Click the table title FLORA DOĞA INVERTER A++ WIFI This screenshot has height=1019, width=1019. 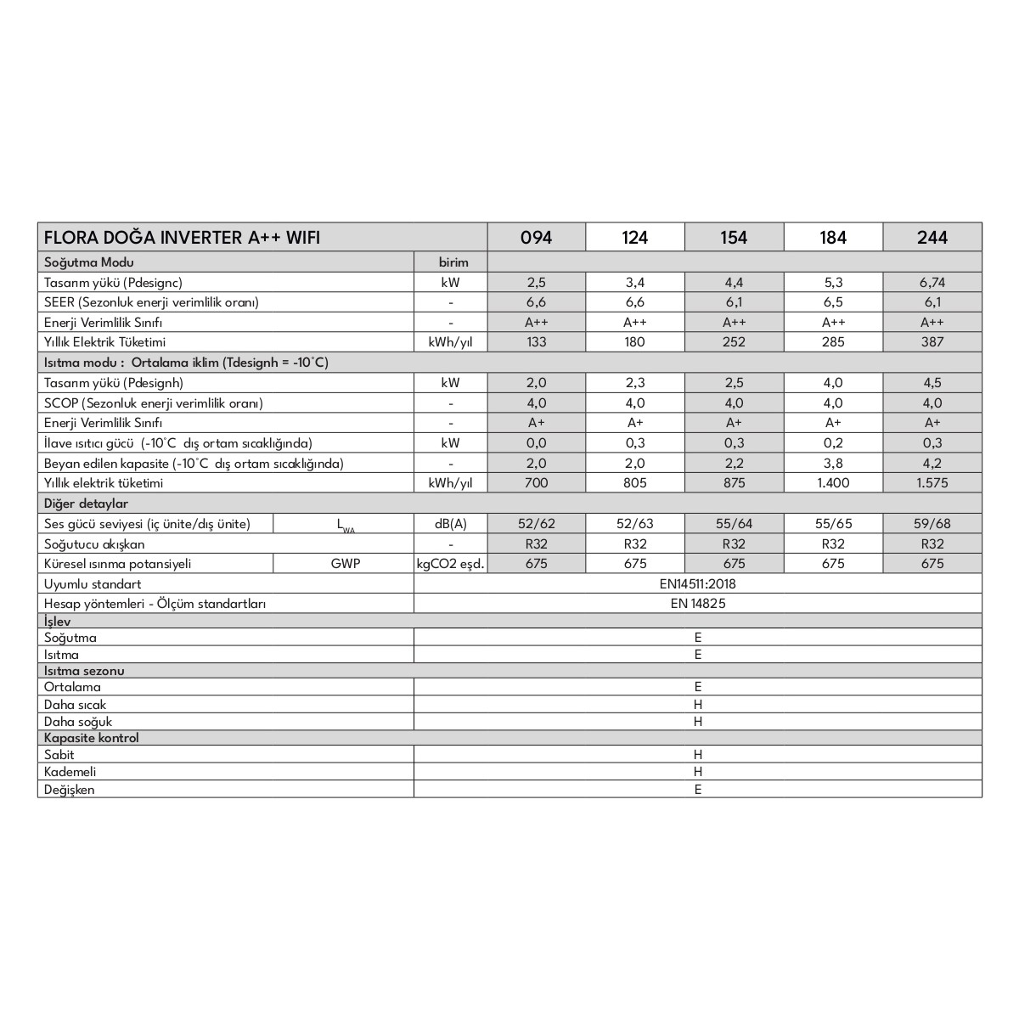point(183,237)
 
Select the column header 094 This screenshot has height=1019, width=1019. point(536,237)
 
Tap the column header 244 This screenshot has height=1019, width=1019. point(932,237)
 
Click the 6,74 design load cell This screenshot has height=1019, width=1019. point(932,282)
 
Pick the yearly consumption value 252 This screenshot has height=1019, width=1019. point(734,342)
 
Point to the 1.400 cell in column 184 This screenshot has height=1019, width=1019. point(833,483)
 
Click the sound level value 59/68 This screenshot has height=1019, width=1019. point(932,524)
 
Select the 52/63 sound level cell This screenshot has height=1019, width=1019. point(635,524)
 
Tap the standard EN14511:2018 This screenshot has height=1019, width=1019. point(697,584)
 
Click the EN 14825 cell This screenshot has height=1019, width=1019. point(697,604)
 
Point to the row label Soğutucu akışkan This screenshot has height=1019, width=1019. point(94,544)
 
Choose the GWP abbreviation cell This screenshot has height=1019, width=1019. point(345,564)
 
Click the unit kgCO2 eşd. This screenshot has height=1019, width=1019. point(450,564)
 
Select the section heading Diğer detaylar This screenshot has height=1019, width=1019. point(86,504)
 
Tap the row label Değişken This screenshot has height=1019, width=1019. point(70,790)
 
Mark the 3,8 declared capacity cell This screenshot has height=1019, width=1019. point(833,464)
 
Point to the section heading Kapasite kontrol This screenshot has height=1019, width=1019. point(92,738)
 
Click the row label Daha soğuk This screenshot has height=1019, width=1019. point(76,722)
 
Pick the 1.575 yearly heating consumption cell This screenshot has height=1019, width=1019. point(932,483)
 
